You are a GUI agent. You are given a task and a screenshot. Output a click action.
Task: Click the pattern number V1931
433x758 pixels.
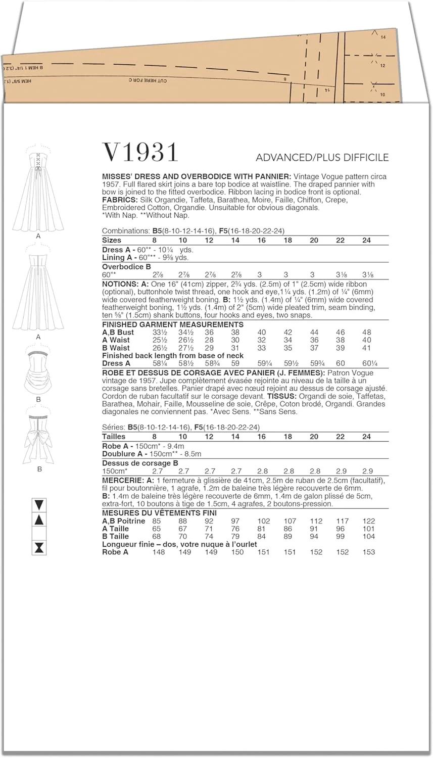pyautogui.click(x=140, y=152)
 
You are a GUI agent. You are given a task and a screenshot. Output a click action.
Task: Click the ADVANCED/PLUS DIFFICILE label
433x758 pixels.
pyautogui.click(x=322, y=157)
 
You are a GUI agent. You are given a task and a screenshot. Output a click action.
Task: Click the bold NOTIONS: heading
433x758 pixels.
pyautogui.click(x=120, y=284)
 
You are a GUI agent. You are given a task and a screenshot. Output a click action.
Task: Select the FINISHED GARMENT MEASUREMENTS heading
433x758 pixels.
pyautogui.click(x=173, y=324)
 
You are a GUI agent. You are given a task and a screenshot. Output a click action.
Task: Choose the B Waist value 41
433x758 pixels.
pyautogui.click(x=366, y=348)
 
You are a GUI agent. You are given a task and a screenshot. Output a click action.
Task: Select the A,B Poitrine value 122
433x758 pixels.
pyautogui.click(x=368, y=521)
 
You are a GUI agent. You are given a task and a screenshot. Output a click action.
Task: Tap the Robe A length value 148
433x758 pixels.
pyautogui.click(x=158, y=552)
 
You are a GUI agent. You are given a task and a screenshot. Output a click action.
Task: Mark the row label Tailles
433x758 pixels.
pyautogui.click(x=114, y=436)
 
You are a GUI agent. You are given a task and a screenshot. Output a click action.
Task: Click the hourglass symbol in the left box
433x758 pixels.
pyautogui.click(x=39, y=547)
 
